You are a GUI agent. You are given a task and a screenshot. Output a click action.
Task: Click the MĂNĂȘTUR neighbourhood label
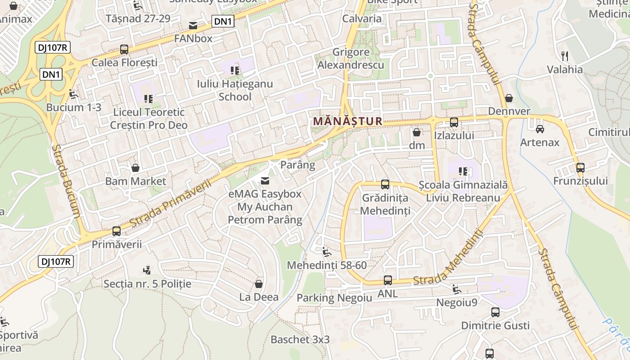(348, 121)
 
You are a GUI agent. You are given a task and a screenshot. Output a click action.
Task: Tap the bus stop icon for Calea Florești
(124, 49)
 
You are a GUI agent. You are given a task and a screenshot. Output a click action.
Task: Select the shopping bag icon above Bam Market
(135, 168)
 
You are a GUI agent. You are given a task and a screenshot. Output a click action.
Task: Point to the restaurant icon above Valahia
(565, 56)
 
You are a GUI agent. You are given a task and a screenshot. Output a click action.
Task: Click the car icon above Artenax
(540, 129)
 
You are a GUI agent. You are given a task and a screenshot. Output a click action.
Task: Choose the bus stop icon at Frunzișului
(580, 168)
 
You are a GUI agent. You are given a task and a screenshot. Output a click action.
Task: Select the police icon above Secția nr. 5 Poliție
(146, 270)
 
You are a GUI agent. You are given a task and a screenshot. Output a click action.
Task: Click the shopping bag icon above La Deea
(259, 284)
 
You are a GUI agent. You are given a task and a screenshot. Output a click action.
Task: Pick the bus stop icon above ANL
(387, 280)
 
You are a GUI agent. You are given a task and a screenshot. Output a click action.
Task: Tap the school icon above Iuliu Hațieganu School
(234, 70)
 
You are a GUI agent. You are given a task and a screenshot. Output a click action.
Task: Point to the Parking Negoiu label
(334, 298)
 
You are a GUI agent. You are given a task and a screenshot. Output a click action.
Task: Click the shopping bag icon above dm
(417, 132)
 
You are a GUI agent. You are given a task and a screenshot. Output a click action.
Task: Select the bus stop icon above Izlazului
(454, 122)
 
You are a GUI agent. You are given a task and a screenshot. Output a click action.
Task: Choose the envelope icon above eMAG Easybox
(265, 181)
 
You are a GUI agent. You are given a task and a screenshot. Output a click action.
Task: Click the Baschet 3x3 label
(300, 340)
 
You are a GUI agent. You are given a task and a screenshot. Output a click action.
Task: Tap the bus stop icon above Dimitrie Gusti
(495, 312)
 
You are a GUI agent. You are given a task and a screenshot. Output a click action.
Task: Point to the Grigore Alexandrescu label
(351, 58)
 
